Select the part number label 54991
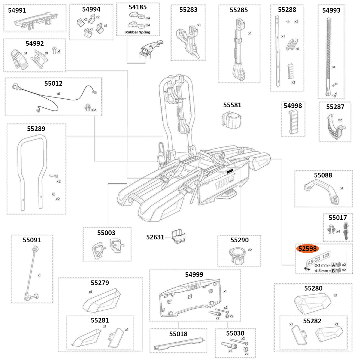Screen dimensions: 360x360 tap(17, 10)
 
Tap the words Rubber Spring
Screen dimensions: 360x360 tap(138, 32)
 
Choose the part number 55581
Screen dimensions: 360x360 tap(232, 105)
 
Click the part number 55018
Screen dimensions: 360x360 tap(178, 334)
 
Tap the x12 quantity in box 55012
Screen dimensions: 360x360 tap(94, 109)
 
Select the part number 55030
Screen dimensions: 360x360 tap(235, 333)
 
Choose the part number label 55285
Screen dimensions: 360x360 tap(239, 10)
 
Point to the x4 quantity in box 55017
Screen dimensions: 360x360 tap(338, 231)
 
